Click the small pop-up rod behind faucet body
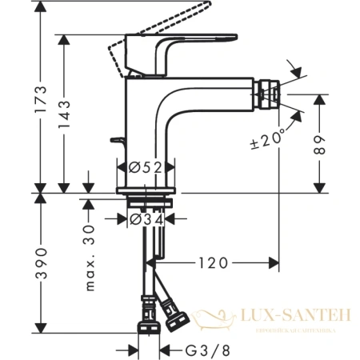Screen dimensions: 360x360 point(118,143)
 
